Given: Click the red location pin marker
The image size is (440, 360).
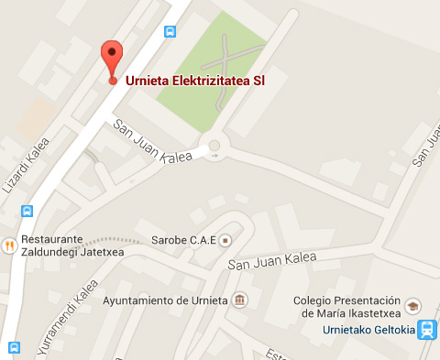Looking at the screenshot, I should [x=112, y=59].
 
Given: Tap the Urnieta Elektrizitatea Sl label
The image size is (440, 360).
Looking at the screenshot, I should [x=194, y=81].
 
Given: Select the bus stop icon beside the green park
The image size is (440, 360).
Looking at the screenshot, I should [x=170, y=31].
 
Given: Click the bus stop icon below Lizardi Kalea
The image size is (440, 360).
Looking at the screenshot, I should [x=28, y=210].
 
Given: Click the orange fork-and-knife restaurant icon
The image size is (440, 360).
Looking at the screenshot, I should [x=8, y=245].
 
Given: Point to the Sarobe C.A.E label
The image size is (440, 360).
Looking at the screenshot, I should [x=188, y=240].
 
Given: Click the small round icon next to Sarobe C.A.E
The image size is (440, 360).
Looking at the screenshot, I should [x=225, y=240].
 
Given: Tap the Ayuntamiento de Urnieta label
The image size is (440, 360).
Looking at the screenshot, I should [x=166, y=300].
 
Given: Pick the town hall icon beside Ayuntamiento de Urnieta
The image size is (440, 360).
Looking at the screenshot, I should [x=239, y=300].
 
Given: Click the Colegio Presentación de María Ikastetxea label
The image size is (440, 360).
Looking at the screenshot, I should [x=346, y=307].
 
